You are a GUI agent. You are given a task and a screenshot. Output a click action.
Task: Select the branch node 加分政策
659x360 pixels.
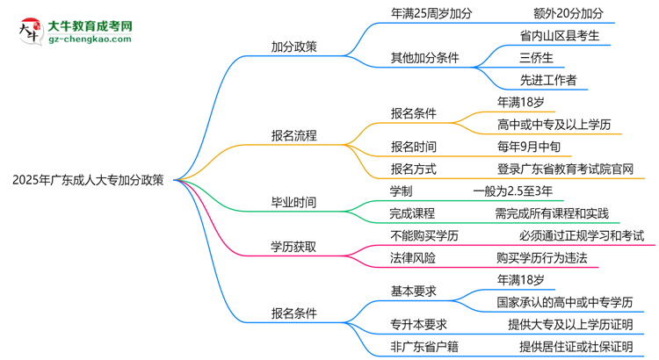point(294,45)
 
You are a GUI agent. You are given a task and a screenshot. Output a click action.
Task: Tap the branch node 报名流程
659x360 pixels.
point(294,135)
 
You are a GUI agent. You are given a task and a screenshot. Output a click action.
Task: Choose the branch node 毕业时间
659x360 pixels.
point(294,202)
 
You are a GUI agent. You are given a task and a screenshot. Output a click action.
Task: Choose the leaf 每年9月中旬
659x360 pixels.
point(536,147)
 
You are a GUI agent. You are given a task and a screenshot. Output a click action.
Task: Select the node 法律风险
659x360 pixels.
point(413,257)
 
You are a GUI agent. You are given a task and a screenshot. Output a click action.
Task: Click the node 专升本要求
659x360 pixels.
point(419,324)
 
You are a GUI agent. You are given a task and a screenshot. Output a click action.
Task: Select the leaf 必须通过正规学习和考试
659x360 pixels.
point(581,235)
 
